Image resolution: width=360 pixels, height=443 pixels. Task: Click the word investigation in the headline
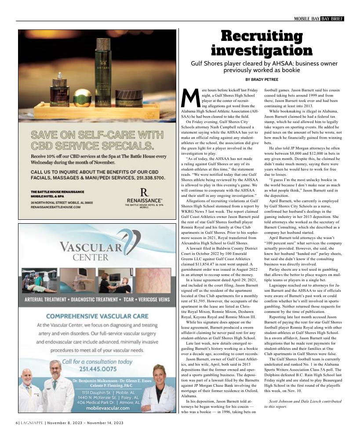point(262,50)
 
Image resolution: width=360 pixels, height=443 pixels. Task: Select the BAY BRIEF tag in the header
point(332,18)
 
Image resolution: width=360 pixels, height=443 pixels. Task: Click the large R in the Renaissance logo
point(143,192)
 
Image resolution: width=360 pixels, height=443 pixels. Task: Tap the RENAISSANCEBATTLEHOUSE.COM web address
point(56,207)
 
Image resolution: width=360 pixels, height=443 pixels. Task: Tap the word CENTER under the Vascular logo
point(91,257)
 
